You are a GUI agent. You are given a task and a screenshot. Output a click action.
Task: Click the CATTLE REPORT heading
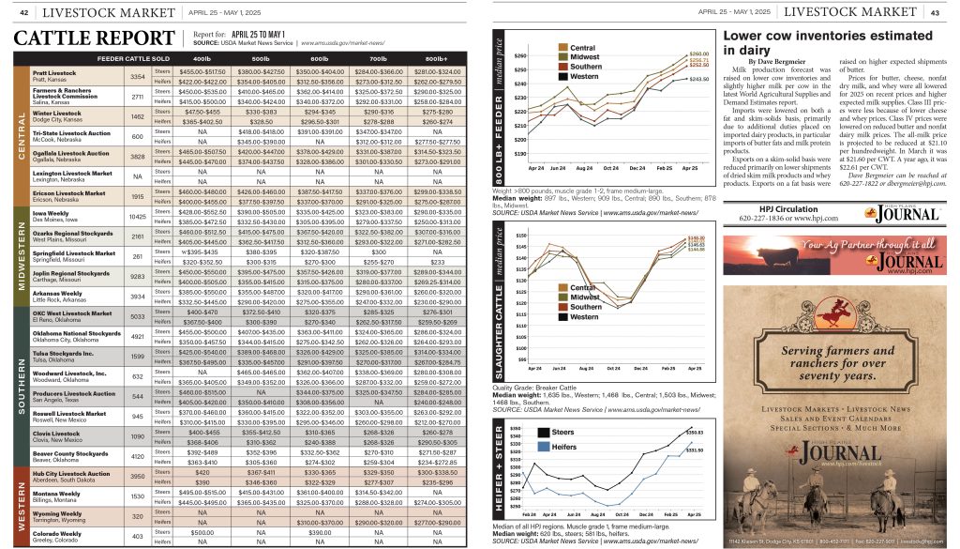88,38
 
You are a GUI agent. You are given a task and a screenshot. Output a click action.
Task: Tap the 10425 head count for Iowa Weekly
137,217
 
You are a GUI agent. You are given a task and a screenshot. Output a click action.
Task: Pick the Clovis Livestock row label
57,434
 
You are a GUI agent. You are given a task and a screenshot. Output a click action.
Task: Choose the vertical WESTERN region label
21,507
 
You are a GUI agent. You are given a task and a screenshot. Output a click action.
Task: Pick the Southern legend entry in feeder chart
586,67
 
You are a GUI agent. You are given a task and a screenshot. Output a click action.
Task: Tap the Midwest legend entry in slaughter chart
586,297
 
